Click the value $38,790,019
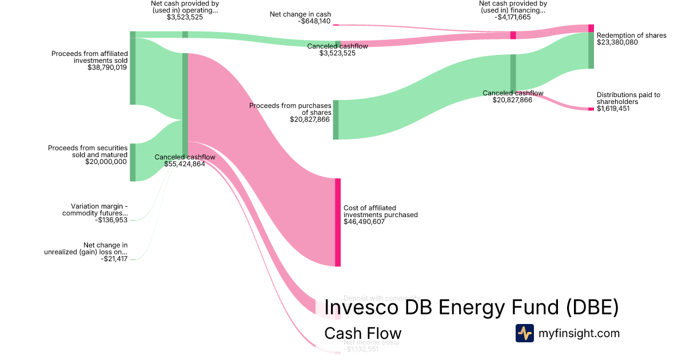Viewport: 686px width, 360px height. tap(107, 67)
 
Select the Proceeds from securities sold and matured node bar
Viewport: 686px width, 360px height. tap(133, 162)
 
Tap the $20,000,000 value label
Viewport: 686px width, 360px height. tap(106, 162)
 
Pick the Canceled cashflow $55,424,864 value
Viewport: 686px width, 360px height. tap(184, 164)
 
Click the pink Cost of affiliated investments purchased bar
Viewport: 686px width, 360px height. tap(338, 222)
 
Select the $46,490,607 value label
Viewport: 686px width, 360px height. tap(364, 222)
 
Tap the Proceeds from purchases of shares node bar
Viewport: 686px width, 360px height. tap(336, 119)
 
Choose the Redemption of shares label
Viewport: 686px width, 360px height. tap(631, 35)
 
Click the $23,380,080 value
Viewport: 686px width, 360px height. tap(617, 42)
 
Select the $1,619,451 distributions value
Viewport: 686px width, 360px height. tap(613, 109)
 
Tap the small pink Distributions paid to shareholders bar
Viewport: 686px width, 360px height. tap(591, 109)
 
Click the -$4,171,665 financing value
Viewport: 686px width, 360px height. tap(510, 17)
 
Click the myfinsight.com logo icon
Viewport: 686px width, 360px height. tap(524, 333)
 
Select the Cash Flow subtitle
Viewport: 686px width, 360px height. tap(362, 333)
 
